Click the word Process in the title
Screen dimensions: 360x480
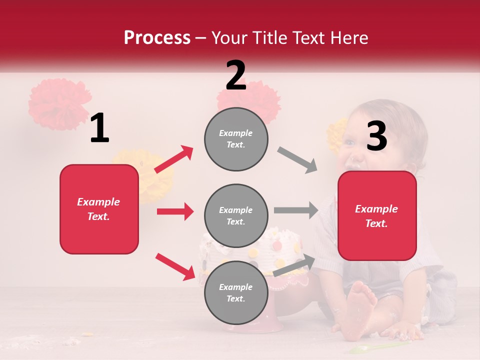(157, 38)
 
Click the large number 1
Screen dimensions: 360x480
(99, 128)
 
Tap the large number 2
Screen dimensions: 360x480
(236, 75)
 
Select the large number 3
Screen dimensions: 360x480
(376, 136)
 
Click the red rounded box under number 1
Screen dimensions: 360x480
(99, 209)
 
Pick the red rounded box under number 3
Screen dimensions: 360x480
(377, 216)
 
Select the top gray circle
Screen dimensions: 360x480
(236, 139)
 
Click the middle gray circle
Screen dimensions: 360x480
(236, 216)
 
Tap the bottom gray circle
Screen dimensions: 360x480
(236, 293)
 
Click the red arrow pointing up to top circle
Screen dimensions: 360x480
(174, 159)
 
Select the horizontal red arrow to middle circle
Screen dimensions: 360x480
(175, 211)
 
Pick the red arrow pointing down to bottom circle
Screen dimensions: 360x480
(175, 266)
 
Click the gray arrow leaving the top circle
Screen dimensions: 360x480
(297, 160)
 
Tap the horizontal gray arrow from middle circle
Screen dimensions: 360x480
(295, 210)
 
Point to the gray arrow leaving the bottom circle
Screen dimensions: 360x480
(294, 265)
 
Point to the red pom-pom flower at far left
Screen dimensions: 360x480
(59, 104)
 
